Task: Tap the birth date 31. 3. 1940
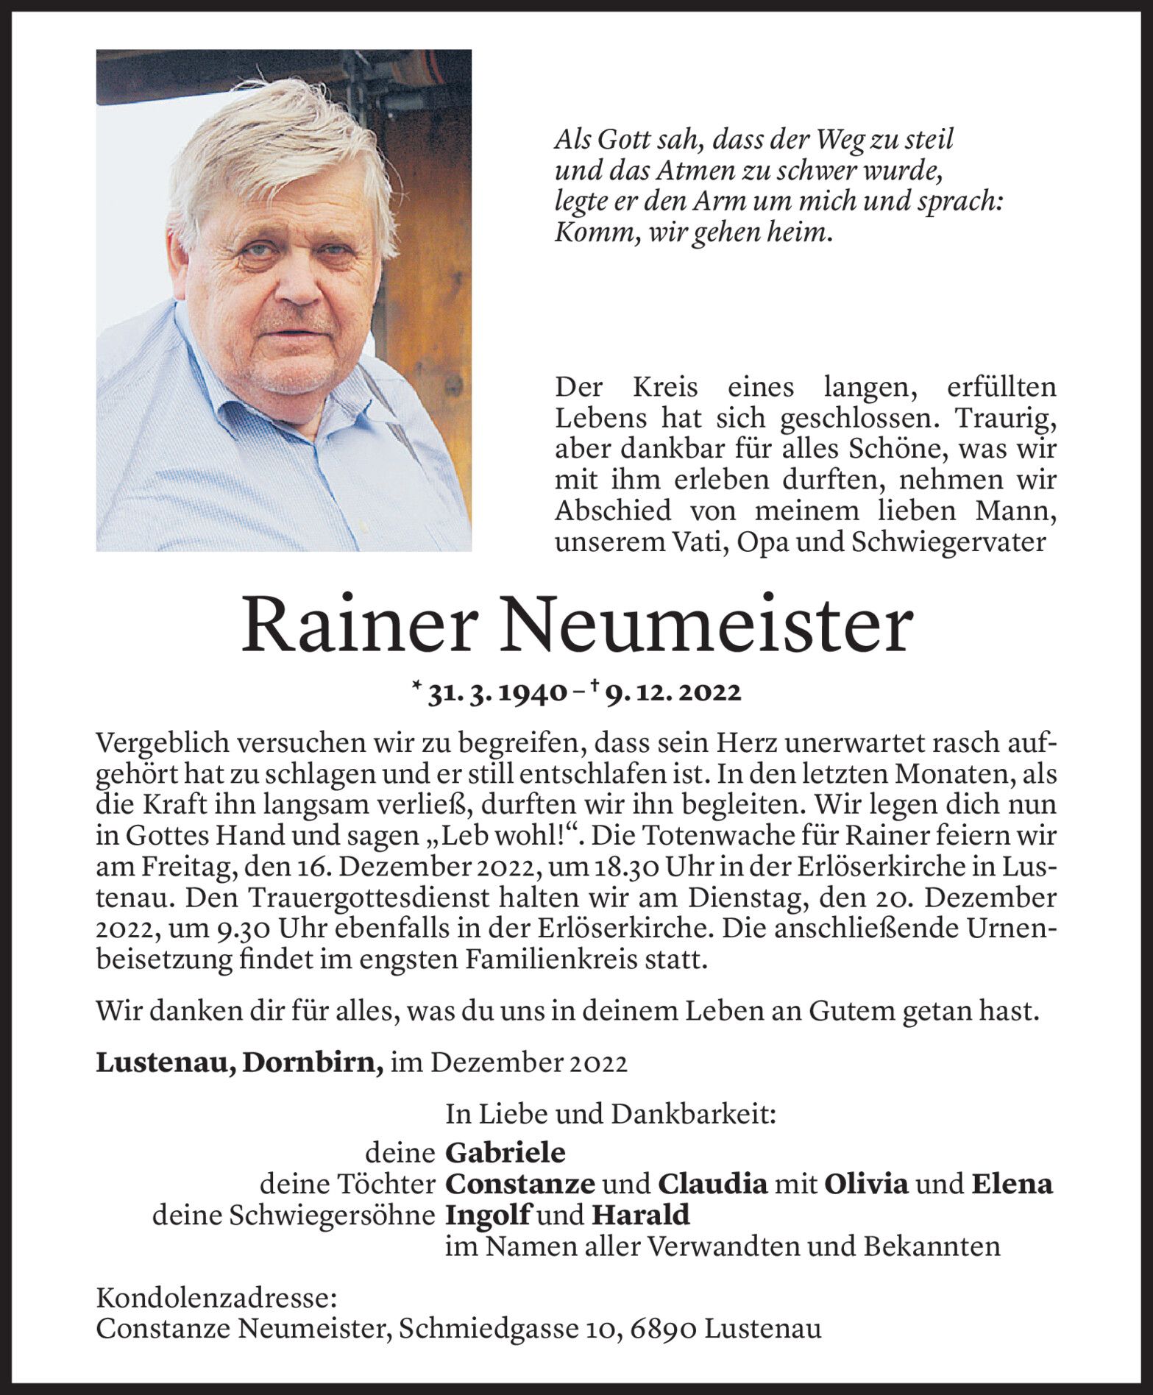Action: [x=497, y=693]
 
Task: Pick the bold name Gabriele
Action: [x=505, y=1152]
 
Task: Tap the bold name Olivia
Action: [x=866, y=1184]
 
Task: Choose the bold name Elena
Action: [x=1012, y=1184]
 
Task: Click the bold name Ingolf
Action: [x=488, y=1215]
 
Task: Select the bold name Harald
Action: [x=641, y=1215]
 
